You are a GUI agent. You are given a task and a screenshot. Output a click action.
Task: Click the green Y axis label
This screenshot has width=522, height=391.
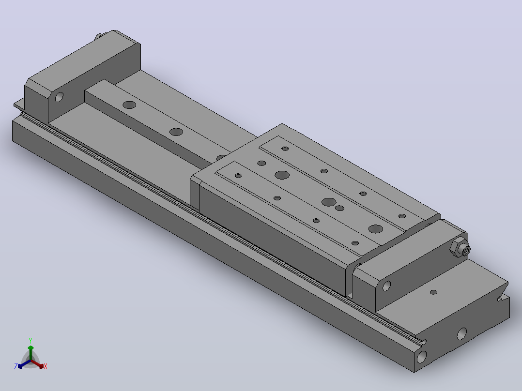click(x=31, y=340)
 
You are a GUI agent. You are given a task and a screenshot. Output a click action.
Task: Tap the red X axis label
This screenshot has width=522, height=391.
click(x=46, y=366)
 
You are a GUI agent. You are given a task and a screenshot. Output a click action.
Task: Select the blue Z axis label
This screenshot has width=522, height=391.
click(x=15, y=366)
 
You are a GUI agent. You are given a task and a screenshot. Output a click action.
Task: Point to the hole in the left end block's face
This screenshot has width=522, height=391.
click(x=59, y=97)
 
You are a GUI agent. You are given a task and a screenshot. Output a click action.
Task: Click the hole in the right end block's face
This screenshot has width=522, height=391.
click(x=386, y=286)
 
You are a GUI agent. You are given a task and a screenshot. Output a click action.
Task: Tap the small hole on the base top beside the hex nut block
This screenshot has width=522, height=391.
click(x=433, y=292)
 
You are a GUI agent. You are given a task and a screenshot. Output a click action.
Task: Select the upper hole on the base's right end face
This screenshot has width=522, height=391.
click(x=462, y=333)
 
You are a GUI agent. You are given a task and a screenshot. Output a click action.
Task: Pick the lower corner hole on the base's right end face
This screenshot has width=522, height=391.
click(x=421, y=357)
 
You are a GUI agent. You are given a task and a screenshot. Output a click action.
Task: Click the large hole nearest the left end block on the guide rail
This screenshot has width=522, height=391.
click(x=129, y=105)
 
